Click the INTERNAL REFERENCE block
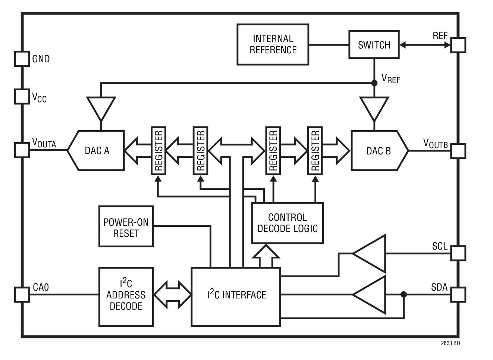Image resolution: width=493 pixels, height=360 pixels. coord(273,44)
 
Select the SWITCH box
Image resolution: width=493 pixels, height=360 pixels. coord(374,44)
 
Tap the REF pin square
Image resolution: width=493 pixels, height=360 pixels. coord(458,45)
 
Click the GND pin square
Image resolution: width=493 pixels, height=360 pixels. coord(22,59)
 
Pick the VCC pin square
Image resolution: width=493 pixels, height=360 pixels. coord(22,96)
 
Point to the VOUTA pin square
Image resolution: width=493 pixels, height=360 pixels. coord(22,150)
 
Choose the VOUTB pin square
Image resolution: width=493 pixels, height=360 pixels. coord(458,151)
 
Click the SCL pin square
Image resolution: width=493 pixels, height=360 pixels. coord(458,253)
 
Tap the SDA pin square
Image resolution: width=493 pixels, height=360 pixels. coord(458,294)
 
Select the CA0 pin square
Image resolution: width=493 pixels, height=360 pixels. coord(22,294)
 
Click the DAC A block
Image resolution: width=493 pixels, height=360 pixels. coord(96,150)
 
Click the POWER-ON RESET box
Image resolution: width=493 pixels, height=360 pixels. coord(126,226)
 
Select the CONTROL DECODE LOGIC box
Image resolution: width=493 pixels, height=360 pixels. coord(288,223)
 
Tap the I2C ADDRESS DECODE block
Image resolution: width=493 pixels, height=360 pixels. coord(126,297)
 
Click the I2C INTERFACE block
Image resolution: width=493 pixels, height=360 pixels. coord(236,297)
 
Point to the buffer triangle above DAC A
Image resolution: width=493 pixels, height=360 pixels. coord(101,107)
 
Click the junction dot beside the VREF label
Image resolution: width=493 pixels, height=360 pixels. coord(374,83)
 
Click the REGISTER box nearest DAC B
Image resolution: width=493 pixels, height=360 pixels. coord(315,150)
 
